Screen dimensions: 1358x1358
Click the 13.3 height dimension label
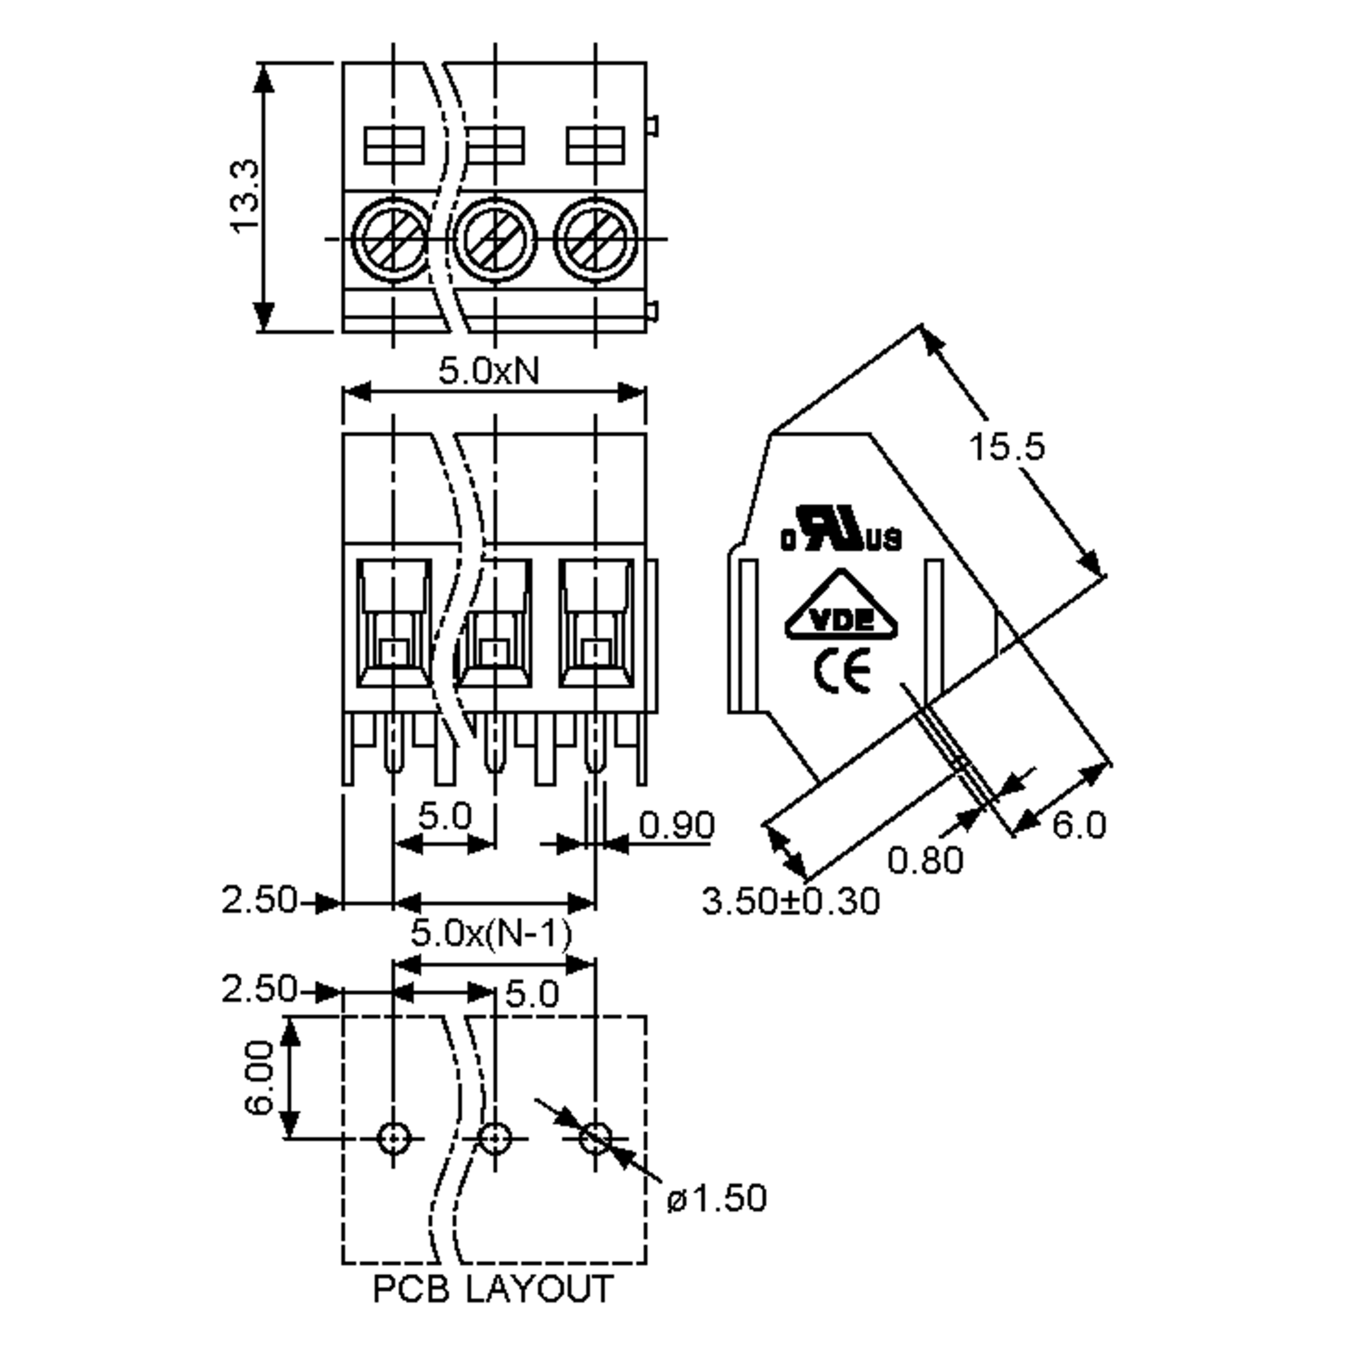click(246, 196)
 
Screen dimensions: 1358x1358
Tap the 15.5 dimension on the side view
click(1007, 446)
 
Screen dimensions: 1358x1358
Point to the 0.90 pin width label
click(676, 824)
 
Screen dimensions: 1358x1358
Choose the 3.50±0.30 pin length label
click(791, 902)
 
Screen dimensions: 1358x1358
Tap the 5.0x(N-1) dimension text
click(491, 934)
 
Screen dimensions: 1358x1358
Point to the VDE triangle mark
click(841, 609)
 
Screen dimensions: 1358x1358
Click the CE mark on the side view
click(842, 671)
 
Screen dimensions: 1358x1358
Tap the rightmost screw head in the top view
click(595, 239)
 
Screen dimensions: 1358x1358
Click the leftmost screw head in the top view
click(392, 239)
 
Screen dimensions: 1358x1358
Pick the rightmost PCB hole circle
click(595, 1138)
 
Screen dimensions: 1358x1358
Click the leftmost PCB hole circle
click(394, 1138)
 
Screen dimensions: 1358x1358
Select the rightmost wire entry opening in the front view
click(595, 622)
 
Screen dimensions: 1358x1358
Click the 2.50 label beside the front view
click(259, 900)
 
